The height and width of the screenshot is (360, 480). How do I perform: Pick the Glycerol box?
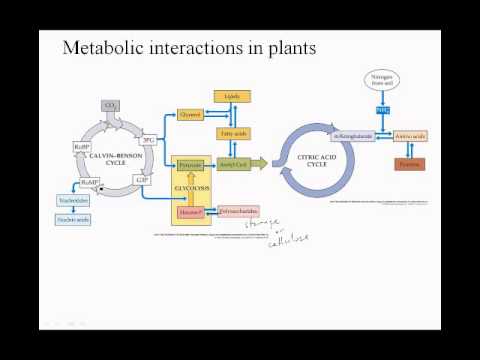(x=191, y=114)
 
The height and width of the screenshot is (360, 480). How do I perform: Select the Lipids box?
(x=232, y=96)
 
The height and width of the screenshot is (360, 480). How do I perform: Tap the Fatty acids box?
(x=232, y=132)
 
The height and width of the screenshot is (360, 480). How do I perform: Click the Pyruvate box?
(x=191, y=161)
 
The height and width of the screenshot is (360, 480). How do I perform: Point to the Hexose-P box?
(x=190, y=212)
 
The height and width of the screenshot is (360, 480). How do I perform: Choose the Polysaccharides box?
(x=238, y=212)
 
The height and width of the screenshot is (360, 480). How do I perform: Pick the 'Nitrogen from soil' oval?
(x=382, y=81)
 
